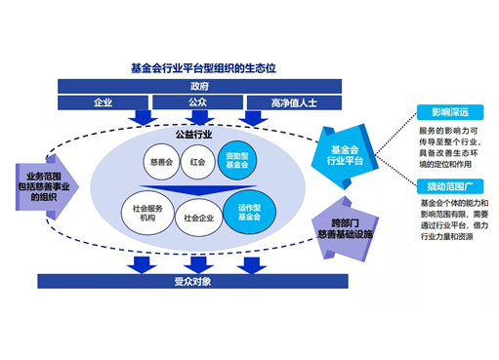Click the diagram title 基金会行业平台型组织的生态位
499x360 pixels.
click(203, 69)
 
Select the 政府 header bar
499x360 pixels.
click(199, 87)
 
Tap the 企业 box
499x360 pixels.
click(103, 102)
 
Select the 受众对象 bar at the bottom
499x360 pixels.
click(199, 282)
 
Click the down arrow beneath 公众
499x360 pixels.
click(196, 118)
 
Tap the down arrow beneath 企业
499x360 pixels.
click(144, 118)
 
